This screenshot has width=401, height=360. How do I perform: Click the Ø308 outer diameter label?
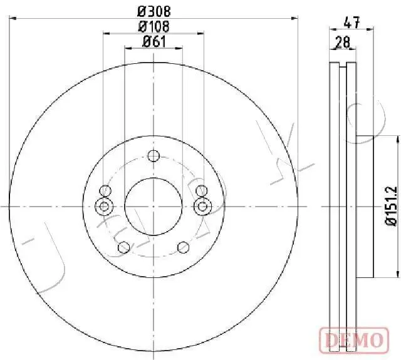click(x=154, y=11)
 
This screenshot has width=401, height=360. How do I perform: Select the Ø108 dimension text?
click(x=154, y=26)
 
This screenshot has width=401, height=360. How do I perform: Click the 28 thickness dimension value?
click(x=343, y=42)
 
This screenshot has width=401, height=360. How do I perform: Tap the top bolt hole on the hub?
click(x=154, y=157)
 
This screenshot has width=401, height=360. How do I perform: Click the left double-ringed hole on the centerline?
click(x=105, y=205)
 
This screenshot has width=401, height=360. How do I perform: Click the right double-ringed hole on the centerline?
click(x=202, y=205)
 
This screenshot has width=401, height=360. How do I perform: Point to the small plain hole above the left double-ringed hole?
click(x=106, y=191)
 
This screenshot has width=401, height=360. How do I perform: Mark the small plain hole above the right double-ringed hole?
click(x=201, y=191)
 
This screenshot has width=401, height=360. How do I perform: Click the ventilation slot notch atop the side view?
click(x=342, y=66)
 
